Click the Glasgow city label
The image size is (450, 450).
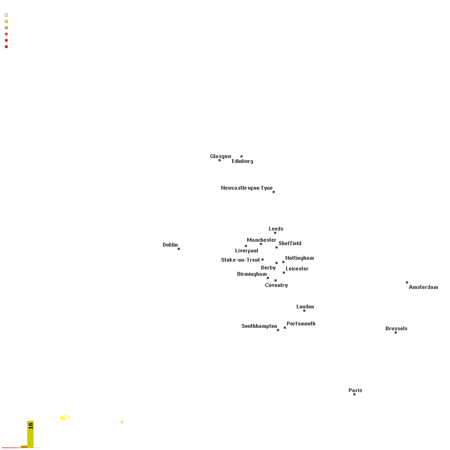220,157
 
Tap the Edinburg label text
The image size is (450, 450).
242,162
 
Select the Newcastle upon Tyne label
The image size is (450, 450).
247,188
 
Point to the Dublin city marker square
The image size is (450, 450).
179,249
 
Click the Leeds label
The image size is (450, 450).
276,229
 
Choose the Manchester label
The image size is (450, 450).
261,240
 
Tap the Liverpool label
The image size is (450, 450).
247,251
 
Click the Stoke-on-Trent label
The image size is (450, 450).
240,260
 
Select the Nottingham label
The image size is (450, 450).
300,258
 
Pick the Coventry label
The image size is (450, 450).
276,285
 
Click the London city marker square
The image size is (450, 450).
304,310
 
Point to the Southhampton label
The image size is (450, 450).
259,326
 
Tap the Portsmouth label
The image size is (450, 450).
301,324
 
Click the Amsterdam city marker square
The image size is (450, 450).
407,282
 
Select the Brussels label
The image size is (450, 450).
396,328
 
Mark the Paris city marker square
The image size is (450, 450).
355,395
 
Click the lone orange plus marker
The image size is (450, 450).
122,422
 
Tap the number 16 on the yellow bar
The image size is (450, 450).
31,426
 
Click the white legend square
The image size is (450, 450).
6,15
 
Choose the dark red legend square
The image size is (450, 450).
6,47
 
